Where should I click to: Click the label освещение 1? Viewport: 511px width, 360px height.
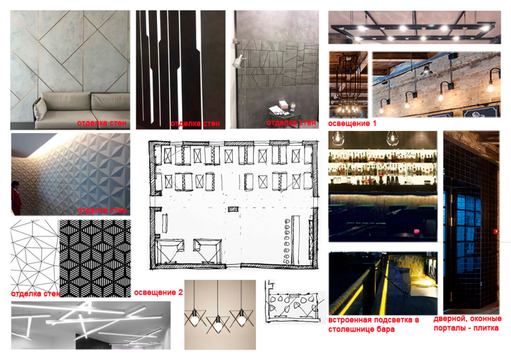[x=352, y=123]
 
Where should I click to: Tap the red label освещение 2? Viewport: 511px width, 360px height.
[x=158, y=292]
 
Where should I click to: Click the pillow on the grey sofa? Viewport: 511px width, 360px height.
[x=40, y=109]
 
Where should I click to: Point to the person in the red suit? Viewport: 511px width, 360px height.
[x=16, y=198]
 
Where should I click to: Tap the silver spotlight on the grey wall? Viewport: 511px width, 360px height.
[x=238, y=61]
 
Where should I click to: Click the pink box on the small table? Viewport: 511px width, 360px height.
[x=282, y=104]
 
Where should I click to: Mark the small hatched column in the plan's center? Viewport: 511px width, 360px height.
[x=233, y=209]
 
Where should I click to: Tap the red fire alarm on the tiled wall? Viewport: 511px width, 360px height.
[x=496, y=232]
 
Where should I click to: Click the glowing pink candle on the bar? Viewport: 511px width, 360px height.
[x=416, y=232]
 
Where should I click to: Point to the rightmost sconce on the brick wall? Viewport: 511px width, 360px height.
[x=493, y=81]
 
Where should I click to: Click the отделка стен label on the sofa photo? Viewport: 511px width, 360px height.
[x=102, y=123]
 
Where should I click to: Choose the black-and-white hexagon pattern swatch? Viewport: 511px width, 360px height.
[x=95, y=258]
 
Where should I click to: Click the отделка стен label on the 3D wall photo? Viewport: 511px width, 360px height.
[x=102, y=210]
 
